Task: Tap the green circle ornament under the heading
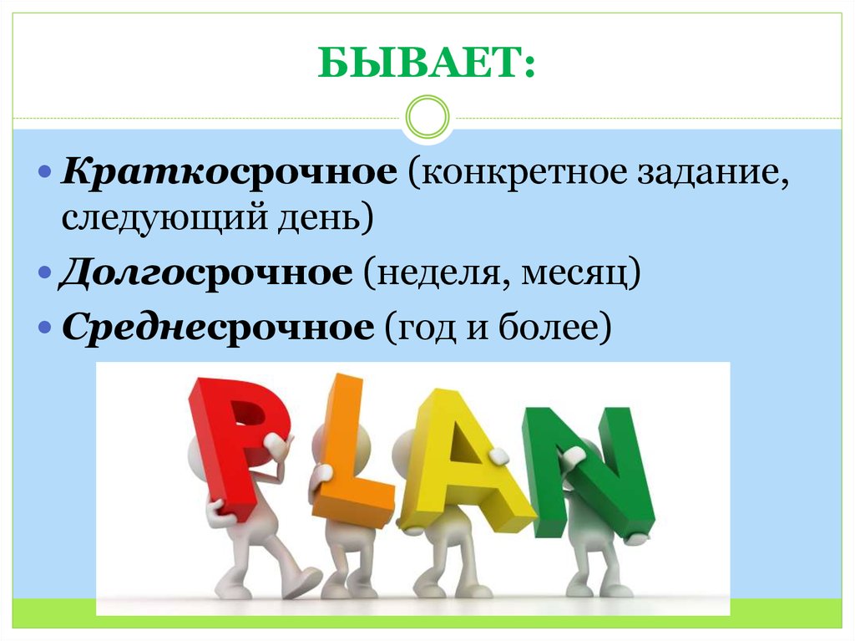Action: pos(427,118)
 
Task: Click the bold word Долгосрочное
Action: pos(205,272)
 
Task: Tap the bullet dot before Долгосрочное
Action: pos(46,274)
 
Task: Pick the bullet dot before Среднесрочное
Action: pos(46,328)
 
